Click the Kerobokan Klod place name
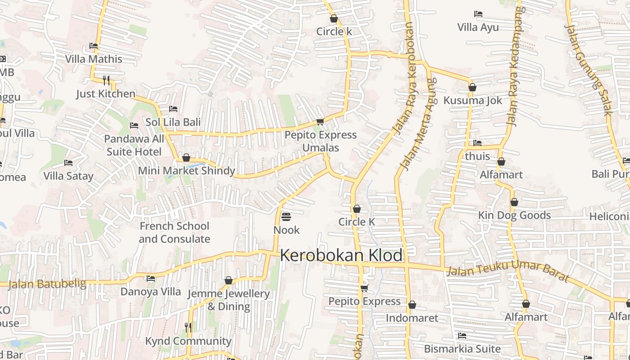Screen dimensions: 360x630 (341, 255)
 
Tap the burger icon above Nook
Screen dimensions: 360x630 (286, 217)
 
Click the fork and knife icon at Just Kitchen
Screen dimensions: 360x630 (106, 81)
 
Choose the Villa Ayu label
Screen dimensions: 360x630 (478, 27)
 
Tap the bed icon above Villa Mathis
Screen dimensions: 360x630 (94, 46)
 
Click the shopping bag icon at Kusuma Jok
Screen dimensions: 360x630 (472, 87)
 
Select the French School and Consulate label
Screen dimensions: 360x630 (174, 232)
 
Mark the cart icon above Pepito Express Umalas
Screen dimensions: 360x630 (320, 122)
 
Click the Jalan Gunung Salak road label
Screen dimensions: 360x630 (588, 70)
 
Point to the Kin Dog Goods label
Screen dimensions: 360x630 (514, 215)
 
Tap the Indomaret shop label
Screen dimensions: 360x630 (412, 318)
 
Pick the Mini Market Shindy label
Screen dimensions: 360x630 (186, 171)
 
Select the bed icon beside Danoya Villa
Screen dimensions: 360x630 (151, 279)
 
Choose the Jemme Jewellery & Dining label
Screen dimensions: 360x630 (228, 300)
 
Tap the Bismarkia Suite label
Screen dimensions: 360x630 (462, 349)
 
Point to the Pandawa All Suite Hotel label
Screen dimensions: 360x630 (134, 145)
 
